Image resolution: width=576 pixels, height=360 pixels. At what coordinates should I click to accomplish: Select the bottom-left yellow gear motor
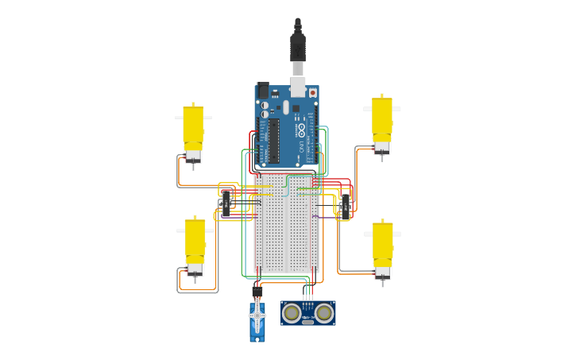[195, 241]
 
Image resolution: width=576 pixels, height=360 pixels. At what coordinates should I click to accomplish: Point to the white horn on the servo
[257, 315]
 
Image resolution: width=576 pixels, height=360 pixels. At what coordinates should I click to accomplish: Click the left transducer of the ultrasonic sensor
[292, 313]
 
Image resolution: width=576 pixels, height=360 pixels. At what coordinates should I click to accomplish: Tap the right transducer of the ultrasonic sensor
[323, 313]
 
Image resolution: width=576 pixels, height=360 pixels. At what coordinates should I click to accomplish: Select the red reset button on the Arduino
[312, 93]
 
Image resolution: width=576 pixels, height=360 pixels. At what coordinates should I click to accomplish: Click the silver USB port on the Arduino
[297, 86]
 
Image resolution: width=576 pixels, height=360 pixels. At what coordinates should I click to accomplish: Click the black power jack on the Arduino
[263, 90]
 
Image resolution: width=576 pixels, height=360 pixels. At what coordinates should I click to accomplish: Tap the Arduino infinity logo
[301, 129]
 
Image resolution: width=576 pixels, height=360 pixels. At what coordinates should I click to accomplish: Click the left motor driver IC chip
[226, 203]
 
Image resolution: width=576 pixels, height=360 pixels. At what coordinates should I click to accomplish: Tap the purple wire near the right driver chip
[326, 217]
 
